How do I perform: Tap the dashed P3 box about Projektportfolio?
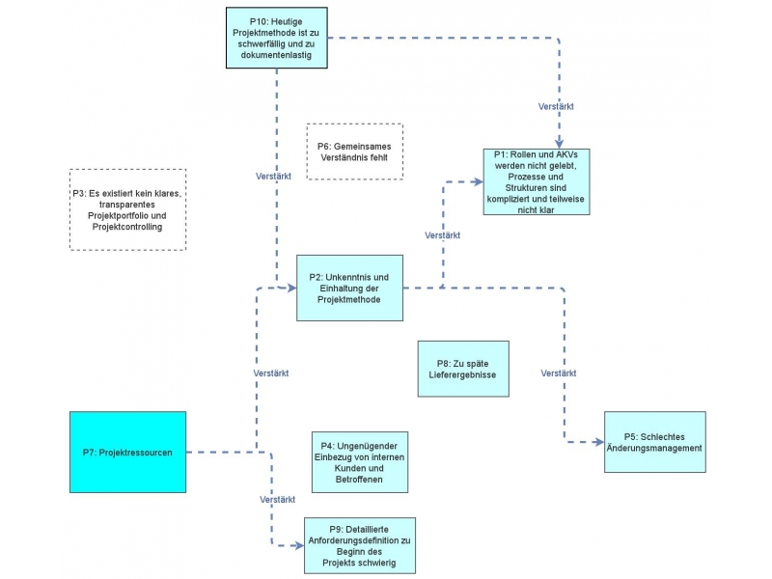click(127, 209)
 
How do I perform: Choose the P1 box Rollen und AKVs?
click(536, 181)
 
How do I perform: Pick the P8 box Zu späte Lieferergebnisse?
click(463, 369)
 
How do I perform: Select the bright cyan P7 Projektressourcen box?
click(127, 452)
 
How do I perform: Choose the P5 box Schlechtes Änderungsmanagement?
click(654, 442)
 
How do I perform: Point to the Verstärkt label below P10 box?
click(276, 178)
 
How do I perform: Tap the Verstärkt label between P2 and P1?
click(442, 235)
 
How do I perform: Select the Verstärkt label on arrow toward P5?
click(560, 372)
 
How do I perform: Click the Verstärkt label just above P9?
click(277, 500)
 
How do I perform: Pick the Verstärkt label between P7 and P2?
click(271, 372)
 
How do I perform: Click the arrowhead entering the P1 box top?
click(560, 143)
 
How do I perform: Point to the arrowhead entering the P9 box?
click(297, 545)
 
